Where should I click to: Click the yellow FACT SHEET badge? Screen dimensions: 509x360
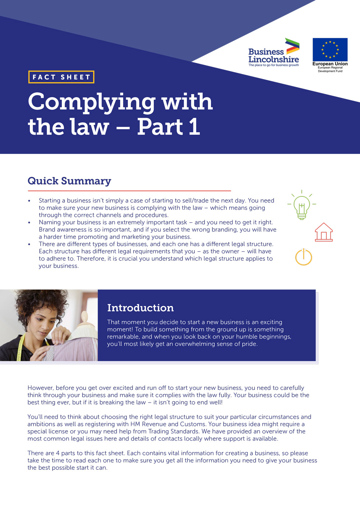61,77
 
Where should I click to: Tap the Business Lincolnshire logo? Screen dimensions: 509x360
274,53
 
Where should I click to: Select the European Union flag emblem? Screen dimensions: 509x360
330,50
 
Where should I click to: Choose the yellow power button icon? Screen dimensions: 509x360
303,257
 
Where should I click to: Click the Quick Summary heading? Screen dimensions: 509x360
69,181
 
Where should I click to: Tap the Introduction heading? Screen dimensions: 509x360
140,308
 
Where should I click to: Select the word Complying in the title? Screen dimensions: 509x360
91,102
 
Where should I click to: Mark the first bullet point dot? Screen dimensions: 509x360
29,201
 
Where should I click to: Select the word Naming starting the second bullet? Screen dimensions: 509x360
50,222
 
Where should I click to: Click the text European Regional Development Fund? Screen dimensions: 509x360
330,69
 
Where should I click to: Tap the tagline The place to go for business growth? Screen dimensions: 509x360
274,65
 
